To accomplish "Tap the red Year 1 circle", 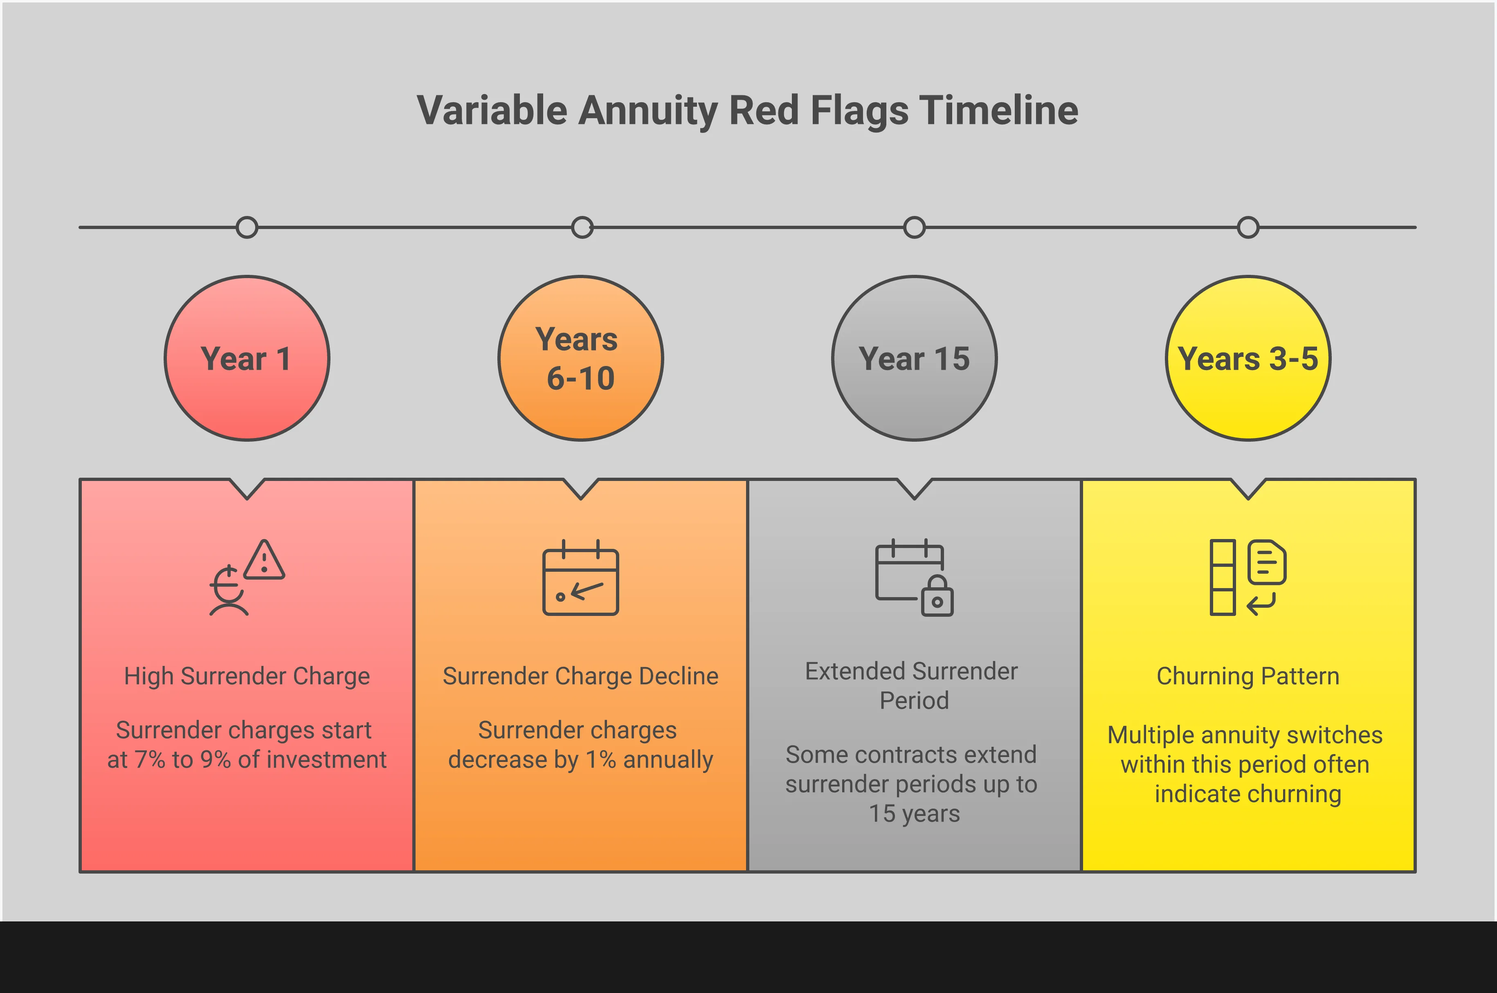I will pos(247,358).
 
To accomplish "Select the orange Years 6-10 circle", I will pos(581,358).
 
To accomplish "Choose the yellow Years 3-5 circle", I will pos(1248,358).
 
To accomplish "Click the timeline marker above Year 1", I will pos(247,227).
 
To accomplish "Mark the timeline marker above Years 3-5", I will pos(1248,227).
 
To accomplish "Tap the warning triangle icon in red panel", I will pos(264,560).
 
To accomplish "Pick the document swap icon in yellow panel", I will pos(1248,577).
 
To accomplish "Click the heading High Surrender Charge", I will pos(247,676).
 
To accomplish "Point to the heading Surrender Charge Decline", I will pos(581,676).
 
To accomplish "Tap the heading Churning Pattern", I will pos(1248,676).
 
